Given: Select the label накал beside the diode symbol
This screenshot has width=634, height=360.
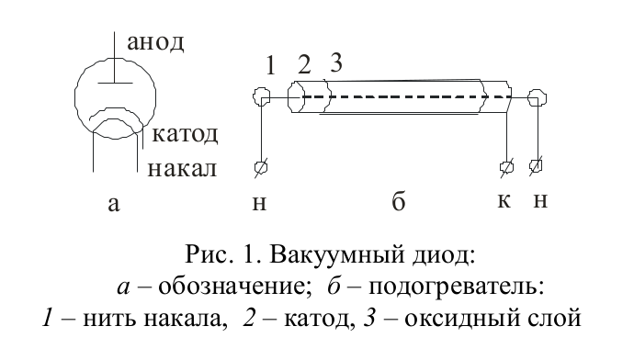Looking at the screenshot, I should coord(184,168).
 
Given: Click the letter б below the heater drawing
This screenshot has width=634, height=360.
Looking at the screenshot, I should coord(399,204).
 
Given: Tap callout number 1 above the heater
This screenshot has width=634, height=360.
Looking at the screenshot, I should coord(270,66).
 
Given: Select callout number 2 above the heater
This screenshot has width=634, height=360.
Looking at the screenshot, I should coord(305,66).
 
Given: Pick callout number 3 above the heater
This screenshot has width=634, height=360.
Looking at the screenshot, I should coord(335,64).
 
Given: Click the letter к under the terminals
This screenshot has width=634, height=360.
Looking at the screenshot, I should coord(504,202).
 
